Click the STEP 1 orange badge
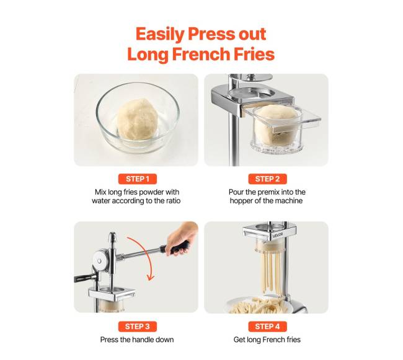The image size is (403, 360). tap(138, 179)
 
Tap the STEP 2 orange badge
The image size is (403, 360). tap(267, 179)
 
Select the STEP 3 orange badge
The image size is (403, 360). tap(138, 327)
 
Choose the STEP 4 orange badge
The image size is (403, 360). tap(267, 327)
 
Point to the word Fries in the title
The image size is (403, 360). tap(254, 54)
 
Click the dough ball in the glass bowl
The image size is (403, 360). tap(138, 120)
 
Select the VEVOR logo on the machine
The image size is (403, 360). tap(278, 235)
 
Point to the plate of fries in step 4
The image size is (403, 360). tap(260, 305)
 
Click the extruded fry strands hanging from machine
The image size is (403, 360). tap(272, 272)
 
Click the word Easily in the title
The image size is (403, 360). tap(160, 35)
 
